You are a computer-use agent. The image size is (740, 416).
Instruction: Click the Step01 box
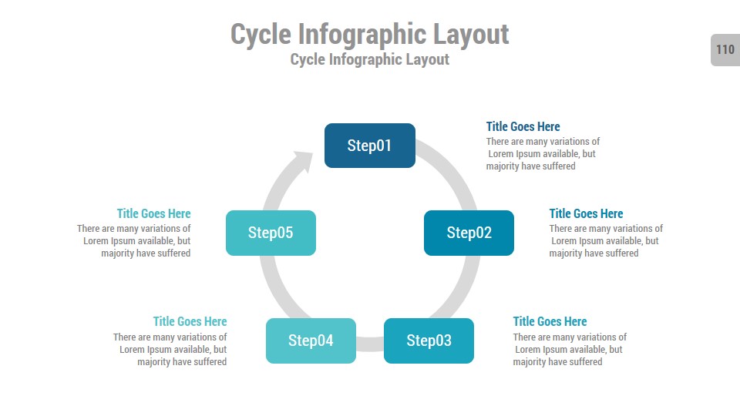click(x=370, y=146)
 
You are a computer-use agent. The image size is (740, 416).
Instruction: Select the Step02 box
click(x=469, y=233)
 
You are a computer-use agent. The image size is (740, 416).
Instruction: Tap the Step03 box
click(x=429, y=341)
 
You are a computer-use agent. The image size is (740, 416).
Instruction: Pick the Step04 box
click(x=311, y=341)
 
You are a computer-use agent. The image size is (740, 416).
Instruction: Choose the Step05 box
click(x=271, y=233)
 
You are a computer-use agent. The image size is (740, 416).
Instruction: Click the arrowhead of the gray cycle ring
click(x=301, y=163)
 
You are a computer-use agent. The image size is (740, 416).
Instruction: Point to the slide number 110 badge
click(x=725, y=50)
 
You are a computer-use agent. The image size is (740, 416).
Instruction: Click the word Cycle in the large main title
click(x=261, y=35)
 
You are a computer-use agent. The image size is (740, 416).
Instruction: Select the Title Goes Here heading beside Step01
click(x=523, y=126)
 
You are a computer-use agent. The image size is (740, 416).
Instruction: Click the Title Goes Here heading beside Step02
click(x=586, y=213)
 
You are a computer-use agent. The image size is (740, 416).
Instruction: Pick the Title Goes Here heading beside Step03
click(x=550, y=321)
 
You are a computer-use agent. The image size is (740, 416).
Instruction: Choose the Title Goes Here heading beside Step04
click(x=190, y=321)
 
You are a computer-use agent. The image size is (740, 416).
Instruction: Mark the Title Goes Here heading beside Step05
click(x=153, y=213)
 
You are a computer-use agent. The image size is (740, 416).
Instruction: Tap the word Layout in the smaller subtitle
click(x=423, y=59)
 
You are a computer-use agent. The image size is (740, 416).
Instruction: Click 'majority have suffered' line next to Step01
click(x=530, y=166)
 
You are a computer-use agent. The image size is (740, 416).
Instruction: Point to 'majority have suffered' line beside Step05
click(x=146, y=253)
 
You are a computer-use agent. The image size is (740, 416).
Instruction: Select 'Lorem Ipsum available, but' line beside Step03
click(x=569, y=350)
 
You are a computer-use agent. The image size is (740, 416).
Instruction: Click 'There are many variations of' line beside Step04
click(x=170, y=337)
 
